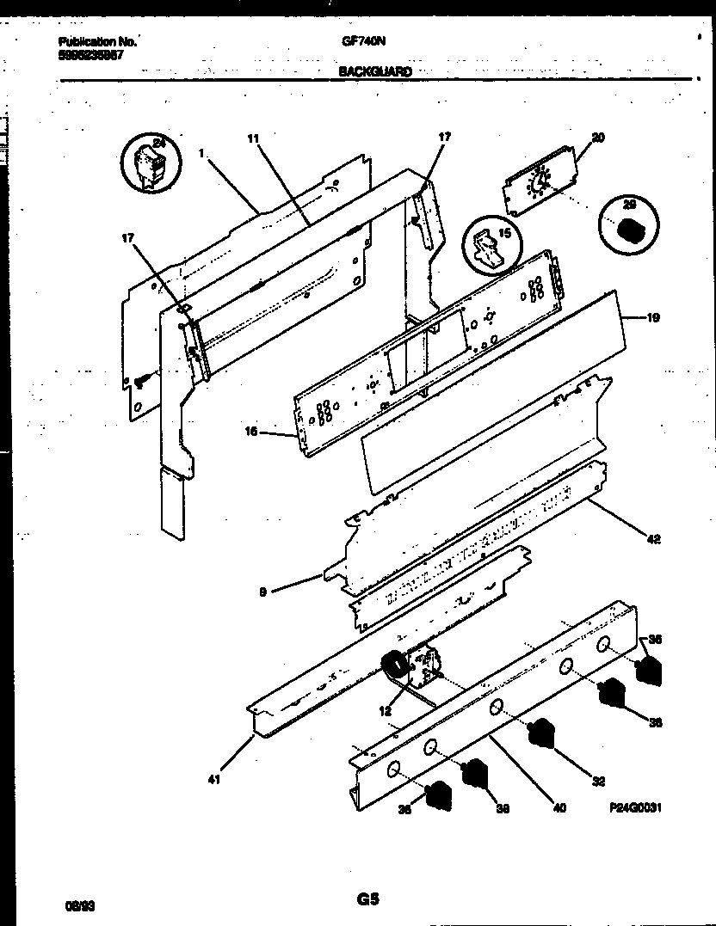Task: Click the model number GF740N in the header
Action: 356,40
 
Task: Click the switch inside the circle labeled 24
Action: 150,166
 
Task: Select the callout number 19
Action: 652,318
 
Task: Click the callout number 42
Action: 653,539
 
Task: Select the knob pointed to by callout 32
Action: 540,733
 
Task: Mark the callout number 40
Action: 559,807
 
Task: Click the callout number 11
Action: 252,138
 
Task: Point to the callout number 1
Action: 200,152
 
